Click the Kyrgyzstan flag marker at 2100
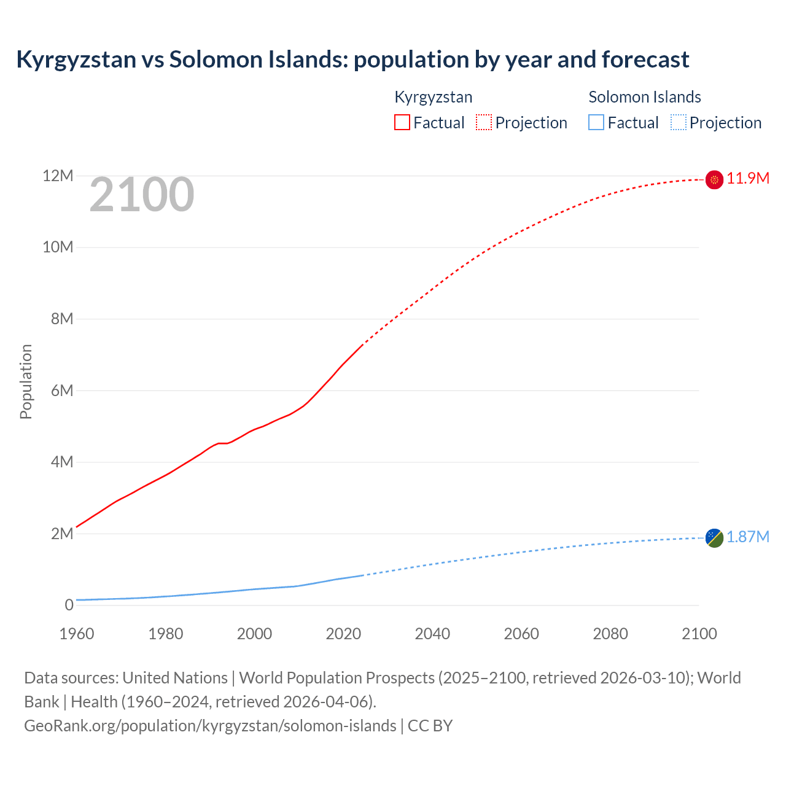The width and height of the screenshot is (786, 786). pyautogui.click(x=714, y=179)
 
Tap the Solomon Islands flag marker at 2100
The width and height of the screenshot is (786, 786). pyautogui.click(x=714, y=538)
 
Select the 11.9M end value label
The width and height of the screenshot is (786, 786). pyautogui.click(x=748, y=179)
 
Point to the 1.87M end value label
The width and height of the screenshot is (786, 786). pyautogui.click(x=748, y=537)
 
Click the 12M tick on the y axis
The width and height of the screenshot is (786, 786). pyautogui.click(x=58, y=176)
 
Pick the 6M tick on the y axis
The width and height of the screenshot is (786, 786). pyautogui.click(x=62, y=391)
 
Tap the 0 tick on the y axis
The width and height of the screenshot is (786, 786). pyautogui.click(x=69, y=605)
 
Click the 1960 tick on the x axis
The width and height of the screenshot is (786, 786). pyautogui.click(x=77, y=634)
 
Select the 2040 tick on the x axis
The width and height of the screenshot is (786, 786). pyautogui.click(x=432, y=634)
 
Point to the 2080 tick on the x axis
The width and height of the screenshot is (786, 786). pyautogui.click(x=610, y=634)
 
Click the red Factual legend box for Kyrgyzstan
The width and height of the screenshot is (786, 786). pyautogui.click(x=402, y=122)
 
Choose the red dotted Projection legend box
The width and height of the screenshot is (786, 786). pyautogui.click(x=484, y=122)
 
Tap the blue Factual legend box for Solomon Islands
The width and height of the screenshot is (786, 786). pyautogui.click(x=596, y=122)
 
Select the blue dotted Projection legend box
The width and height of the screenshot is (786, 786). pyautogui.click(x=679, y=122)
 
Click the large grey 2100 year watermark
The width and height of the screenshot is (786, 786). pyautogui.click(x=142, y=195)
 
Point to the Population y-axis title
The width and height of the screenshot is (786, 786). pyautogui.click(x=26, y=381)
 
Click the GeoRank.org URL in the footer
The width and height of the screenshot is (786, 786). pyautogui.click(x=210, y=726)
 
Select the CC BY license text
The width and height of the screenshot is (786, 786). pyautogui.click(x=430, y=726)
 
